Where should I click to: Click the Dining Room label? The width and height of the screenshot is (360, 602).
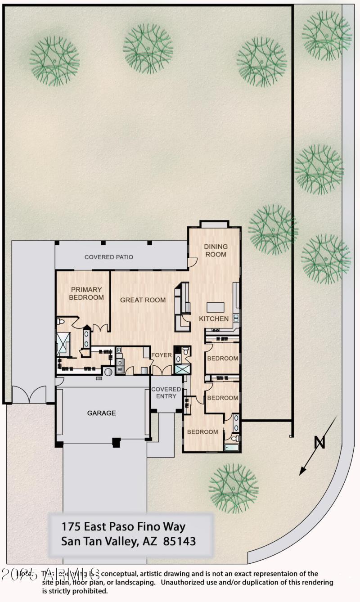click(x=216, y=250)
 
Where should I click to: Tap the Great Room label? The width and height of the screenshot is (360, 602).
click(x=143, y=300)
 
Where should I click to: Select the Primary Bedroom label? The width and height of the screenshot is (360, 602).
click(x=86, y=293)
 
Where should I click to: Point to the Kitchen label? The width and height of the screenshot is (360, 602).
click(x=214, y=319)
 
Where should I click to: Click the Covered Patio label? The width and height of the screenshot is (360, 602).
click(x=108, y=257)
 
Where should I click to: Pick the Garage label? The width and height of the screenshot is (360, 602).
click(x=101, y=413)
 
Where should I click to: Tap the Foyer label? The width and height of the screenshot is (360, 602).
click(x=161, y=355)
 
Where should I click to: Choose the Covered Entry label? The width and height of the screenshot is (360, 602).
click(x=166, y=392)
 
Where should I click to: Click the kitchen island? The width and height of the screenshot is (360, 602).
click(x=215, y=307)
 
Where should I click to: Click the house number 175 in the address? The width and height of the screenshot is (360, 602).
click(x=71, y=526)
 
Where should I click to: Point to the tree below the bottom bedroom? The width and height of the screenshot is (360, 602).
click(x=234, y=488)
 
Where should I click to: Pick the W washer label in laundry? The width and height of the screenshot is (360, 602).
click(x=120, y=369)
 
